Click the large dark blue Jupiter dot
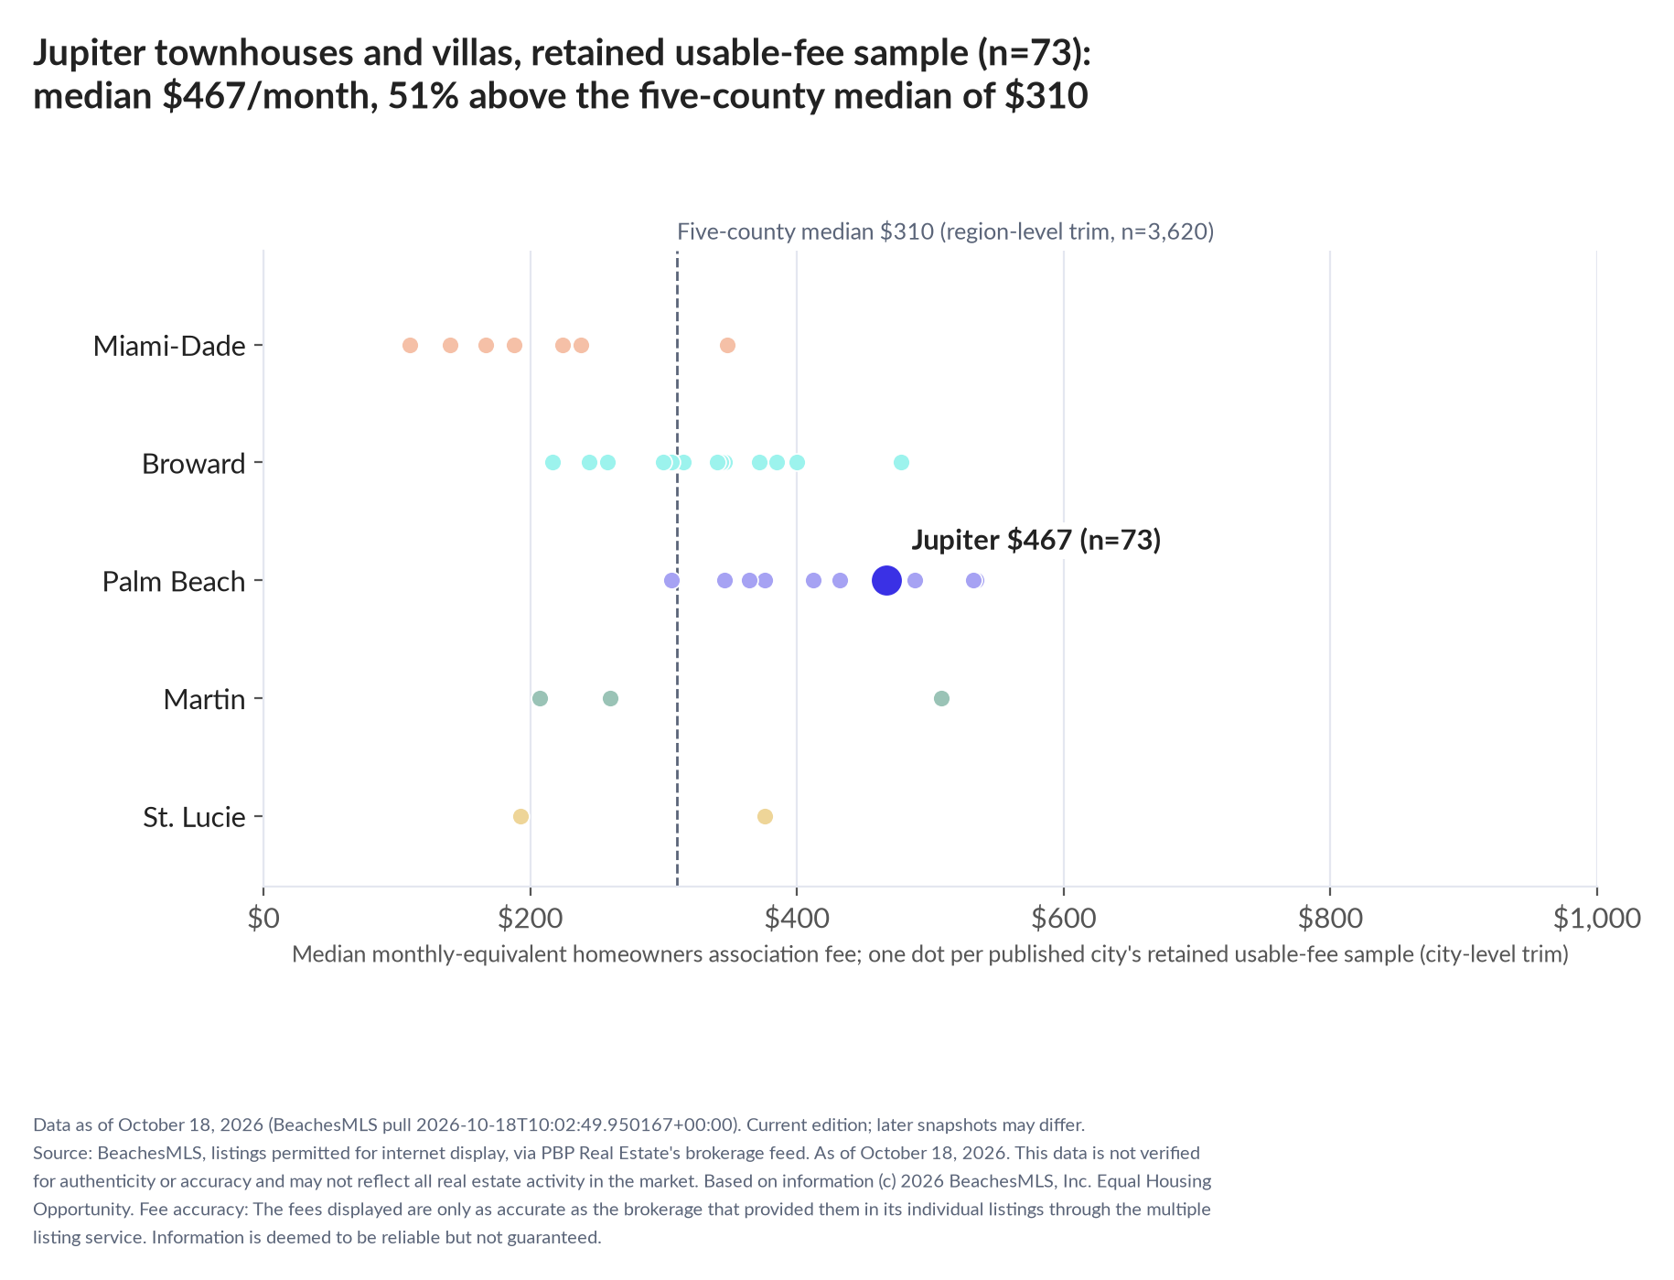(x=886, y=580)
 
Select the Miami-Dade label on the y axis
(x=169, y=346)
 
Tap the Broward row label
(x=194, y=464)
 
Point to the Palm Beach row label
(x=174, y=582)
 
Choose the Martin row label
(x=205, y=700)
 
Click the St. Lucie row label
(x=195, y=817)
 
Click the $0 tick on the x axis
(x=263, y=918)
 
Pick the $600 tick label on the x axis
(x=1064, y=918)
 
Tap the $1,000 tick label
(x=1597, y=918)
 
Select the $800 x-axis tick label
(x=1330, y=918)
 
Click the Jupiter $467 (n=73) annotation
(x=1036, y=540)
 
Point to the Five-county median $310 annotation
(x=946, y=231)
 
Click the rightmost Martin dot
(x=941, y=699)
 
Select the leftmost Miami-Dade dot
(x=410, y=345)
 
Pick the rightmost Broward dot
(x=901, y=462)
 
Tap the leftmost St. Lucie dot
(x=520, y=816)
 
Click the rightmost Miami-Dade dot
(x=727, y=345)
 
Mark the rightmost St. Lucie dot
(x=765, y=816)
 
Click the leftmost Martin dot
(x=540, y=699)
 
